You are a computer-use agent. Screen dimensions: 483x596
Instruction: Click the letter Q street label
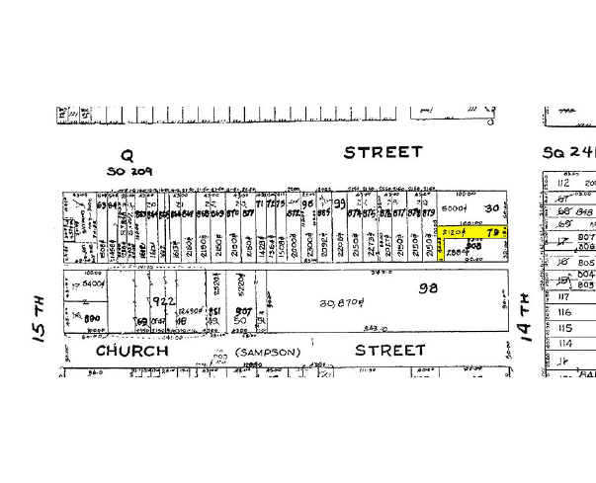pyautogui.click(x=126, y=155)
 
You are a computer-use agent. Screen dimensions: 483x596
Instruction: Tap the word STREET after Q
pyautogui.click(x=383, y=152)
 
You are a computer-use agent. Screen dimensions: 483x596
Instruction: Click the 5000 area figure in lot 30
pyautogui.click(x=454, y=209)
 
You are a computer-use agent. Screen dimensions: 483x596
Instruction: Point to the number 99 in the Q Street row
pyautogui.click(x=338, y=203)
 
